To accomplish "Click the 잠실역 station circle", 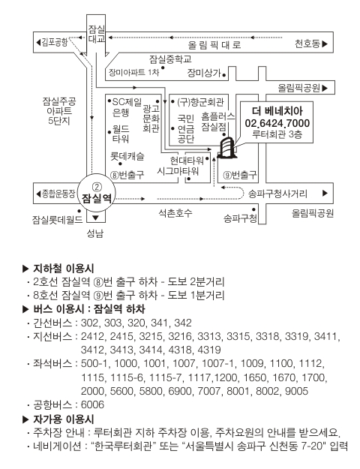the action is (96, 193).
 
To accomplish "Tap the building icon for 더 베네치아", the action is (227, 147).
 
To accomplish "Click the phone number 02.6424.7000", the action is (277, 123).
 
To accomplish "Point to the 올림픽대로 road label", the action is (214, 45).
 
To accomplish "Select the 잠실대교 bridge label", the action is (96, 34).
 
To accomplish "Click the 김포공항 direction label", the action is (52, 42).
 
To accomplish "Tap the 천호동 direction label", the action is (311, 44).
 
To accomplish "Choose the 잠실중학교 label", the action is (170, 59).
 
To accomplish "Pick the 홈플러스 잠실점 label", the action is (218, 122).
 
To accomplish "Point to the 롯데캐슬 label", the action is (127, 156).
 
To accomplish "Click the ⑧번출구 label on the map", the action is (127, 175).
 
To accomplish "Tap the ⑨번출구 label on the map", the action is (240, 175).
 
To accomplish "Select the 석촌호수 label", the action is (175, 213).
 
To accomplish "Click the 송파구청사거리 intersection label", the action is (277, 194).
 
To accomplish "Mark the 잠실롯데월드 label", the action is (58, 220).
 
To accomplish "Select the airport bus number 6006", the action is (93, 404).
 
